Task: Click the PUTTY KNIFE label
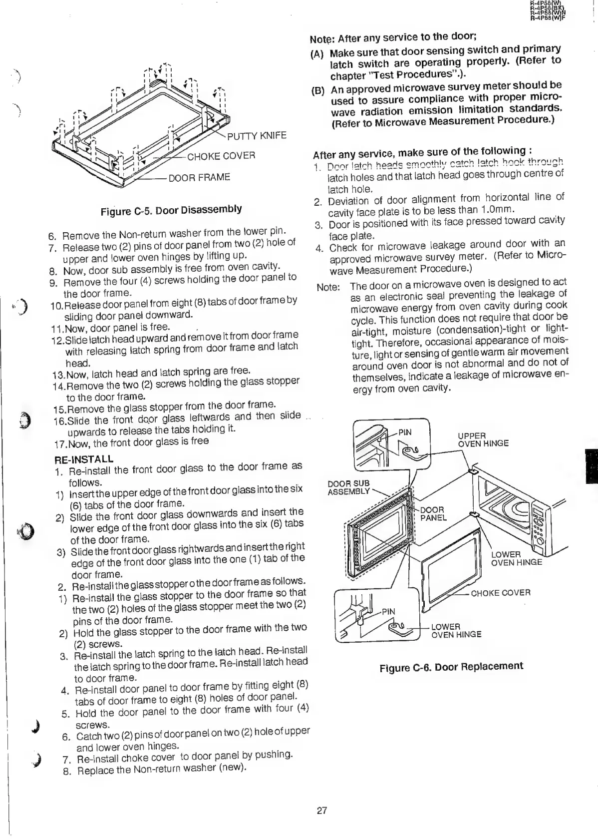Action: (x=257, y=136)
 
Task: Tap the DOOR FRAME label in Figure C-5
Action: (x=199, y=177)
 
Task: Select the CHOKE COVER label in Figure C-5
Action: (x=221, y=156)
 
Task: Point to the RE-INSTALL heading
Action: (x=83, y=458)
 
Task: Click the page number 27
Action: (x=322, y=810)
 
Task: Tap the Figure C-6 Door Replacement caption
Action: (x=451, y=667)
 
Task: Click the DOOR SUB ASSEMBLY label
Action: (x=348, y=487)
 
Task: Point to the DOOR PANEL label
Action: (x=433, y=513)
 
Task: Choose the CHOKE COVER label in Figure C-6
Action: (x=500, y=593)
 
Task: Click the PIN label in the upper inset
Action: (x=405, y=432)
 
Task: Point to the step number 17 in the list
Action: (x=60, y=444)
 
